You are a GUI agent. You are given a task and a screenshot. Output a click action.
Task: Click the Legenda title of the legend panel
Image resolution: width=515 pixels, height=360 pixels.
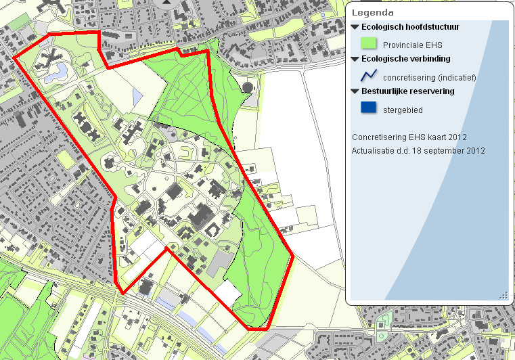click(x=373, y=12)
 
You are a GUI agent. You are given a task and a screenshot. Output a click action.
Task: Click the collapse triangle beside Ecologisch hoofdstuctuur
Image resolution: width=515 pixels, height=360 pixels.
click(x=355, y=28)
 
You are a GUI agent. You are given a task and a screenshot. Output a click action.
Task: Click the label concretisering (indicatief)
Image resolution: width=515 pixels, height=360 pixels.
click(x=429, y=77)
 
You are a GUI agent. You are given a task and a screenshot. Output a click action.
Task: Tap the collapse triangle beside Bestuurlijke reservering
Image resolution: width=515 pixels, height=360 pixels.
click(x=355, y=91)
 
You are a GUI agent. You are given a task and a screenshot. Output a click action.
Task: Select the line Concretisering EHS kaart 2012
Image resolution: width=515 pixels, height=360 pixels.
click(x=409, y=137)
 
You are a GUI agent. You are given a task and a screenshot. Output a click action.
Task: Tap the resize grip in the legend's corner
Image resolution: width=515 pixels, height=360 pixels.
click(x=503, y=295)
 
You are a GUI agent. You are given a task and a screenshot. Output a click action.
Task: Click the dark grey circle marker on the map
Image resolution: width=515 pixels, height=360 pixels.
click(x=247, y=87)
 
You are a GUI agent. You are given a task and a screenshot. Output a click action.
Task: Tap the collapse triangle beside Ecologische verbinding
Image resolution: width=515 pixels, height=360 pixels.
click(x=355, y=59)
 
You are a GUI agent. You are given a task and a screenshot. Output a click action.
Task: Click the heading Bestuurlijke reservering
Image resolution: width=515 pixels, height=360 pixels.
click(x=408, y=91)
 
